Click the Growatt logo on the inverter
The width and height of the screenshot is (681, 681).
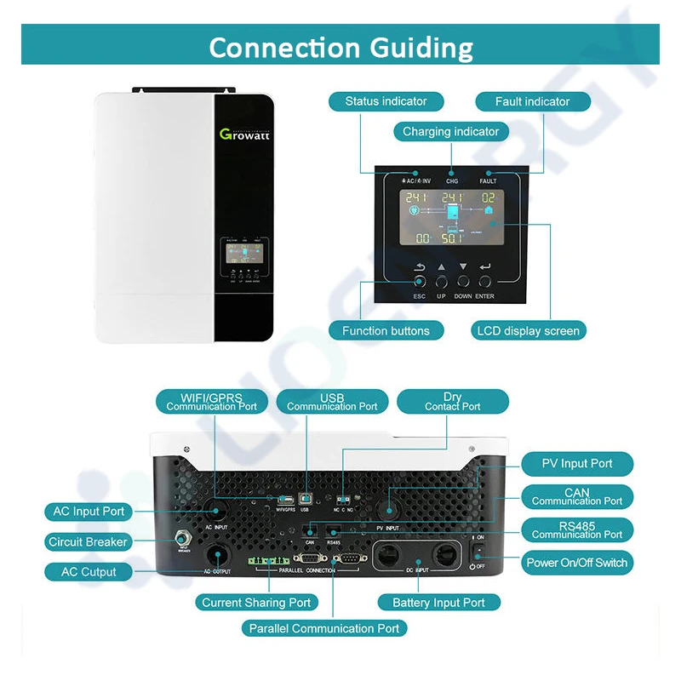tap(243, 134)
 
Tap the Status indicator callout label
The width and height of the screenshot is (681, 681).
tap(386, 101)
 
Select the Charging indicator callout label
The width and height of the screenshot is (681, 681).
tap(451, 132)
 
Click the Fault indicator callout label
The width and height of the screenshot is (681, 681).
tap(532, 101)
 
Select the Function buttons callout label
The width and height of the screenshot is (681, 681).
tap(386, 330)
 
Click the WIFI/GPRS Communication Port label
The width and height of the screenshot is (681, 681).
tap(212, 402)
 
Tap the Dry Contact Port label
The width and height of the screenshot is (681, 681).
tap(452, 402)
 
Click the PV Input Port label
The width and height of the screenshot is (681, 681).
tap(577, 464)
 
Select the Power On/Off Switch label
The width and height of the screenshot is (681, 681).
tap(576, 563)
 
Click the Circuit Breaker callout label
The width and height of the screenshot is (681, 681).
tap(88, 541)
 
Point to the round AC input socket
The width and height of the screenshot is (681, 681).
tap(213, 511)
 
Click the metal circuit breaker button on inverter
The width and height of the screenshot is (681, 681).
tap(181, 538)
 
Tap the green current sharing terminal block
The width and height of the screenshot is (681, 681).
tap(268, 562)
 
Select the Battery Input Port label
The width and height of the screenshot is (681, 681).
tap(438, 603)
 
